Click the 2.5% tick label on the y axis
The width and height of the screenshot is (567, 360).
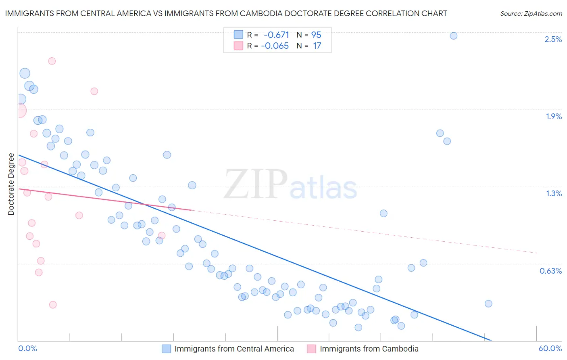pyautogui.click(x=553, y=39)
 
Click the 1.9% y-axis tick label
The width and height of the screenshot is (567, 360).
pyautogui.click(x=554, y=116)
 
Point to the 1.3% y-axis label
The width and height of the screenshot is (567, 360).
pyautogui.click(x=554, y=193)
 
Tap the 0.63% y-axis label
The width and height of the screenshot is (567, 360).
pyautogui.click(x=550, y=271)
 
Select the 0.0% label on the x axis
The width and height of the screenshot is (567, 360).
pyautogui.click(x=27, y=348)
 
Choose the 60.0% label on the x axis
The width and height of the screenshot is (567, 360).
pyautogui.click(x=550, y=348)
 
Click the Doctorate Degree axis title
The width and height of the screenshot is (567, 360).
pyautogui.click(x=11, y=184)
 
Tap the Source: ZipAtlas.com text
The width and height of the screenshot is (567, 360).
pyautogui.click(x=531, y=13)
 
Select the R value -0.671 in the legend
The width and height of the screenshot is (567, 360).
pyautogui.click(x=276, y=35)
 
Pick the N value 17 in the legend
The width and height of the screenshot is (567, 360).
pyautogui.click(x=317, y=46)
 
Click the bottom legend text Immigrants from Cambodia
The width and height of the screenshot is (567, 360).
pyautogui.click(x=369, y=349)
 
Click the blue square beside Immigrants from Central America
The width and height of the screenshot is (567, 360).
pyautogui.click(x=166, y=349)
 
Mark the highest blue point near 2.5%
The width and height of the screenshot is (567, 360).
pyautogui.click(x=453, y=36)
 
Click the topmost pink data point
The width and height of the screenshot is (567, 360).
pyautogui.click(x=52, y=61)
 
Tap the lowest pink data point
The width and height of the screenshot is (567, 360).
pyautogui.click(x=53, y=305)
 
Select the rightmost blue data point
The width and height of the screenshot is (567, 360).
pyautogui.click(x=488, y=303)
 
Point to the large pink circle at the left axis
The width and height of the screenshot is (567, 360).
pyautogui.click(x=19, y=110)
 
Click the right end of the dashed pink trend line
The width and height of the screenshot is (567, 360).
pyautogui.click(x=537, y=253)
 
